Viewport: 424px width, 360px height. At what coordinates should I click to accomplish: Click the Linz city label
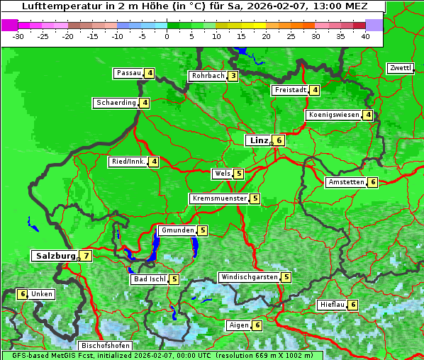click(258, 140)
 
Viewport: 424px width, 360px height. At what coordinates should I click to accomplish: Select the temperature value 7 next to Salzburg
click(86, 257)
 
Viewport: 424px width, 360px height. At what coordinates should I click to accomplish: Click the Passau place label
click(129, 73)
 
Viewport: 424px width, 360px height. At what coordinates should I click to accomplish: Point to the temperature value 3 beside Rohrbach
click(233, 76)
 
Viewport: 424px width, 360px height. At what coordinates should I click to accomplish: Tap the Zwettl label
click(400, 68)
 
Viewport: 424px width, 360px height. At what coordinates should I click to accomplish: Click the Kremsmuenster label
click(219, 198)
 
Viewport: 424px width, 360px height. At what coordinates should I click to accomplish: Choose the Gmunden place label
click(177, 230)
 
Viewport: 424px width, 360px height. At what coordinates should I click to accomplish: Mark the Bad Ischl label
click(150, 279)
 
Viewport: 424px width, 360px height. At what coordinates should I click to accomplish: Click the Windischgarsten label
click(249, 277)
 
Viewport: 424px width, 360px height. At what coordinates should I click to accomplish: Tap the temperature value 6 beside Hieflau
click(353, 305)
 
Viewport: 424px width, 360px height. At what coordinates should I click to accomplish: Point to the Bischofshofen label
click(105, 345)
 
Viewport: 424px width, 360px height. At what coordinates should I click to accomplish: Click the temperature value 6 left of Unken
click(23, 294)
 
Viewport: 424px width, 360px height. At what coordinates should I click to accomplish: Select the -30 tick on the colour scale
click(19, 35)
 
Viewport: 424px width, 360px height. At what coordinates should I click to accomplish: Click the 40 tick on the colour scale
click(365, 35)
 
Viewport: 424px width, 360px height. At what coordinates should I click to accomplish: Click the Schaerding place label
click(116, 103)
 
